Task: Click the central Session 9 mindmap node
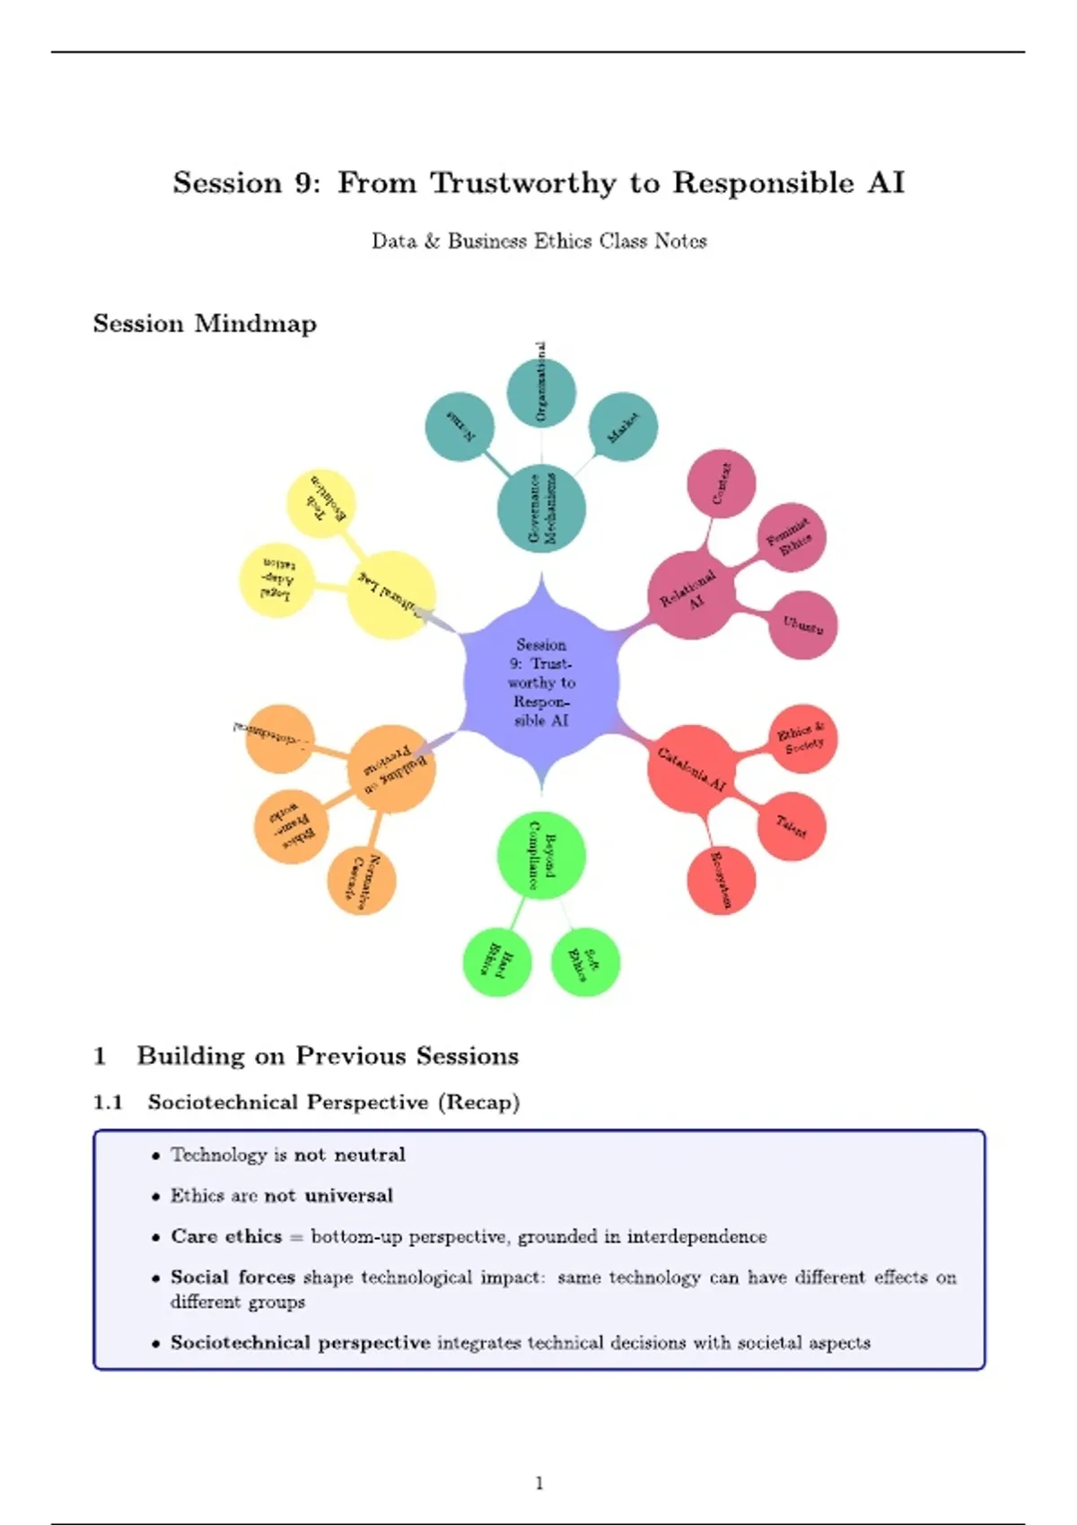541,683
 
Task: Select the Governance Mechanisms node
541,510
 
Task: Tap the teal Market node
623,426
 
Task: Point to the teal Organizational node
541,392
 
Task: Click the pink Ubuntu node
802,625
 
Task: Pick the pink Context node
721,484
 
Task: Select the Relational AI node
691,594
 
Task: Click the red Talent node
791,826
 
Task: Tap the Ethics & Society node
802,739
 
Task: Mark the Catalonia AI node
691,770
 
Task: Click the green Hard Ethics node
497,963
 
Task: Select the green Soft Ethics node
585,963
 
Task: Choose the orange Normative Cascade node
362,881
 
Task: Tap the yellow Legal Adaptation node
276,579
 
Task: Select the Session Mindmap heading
205,324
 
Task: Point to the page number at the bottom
538,1483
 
